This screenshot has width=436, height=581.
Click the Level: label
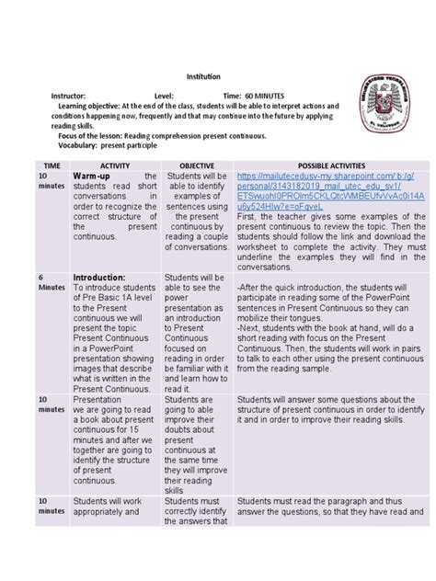tap(163, 96)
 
